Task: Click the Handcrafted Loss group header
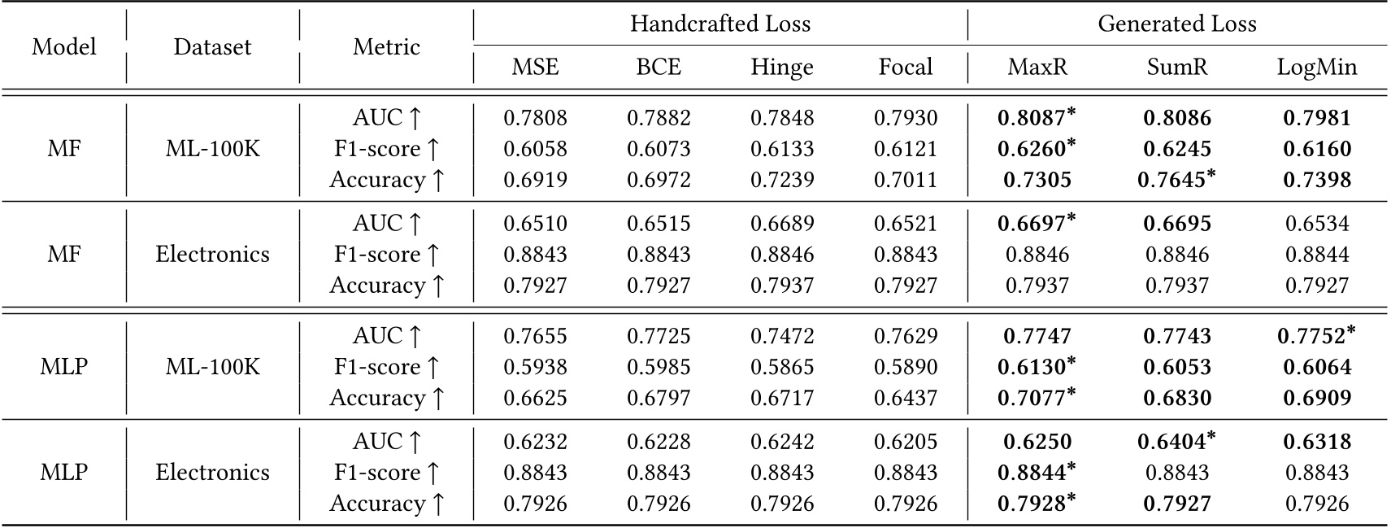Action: pyautogui.click(x=719, y=24)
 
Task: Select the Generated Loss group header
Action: pyautogui.click(x=1176, y=24)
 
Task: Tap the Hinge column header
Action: pyautogui.click(x=781, y=67)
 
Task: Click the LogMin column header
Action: pyautogui.click(x=1316, y=67)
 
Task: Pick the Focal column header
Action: pyautogui.click(x=905, y=67)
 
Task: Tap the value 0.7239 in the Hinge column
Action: pyautogui.click(x=781, y=180)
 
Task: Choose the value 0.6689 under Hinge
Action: pyautogui.click(x=781, y=224)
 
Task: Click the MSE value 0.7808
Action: pyautogui.click(x=535, y=118)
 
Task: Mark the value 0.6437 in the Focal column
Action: pyautogui.click(x=905, y=398)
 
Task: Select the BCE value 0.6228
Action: pyautogui.click(x=658, y=442)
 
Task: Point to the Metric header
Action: pyautogui.click(x=386, y=46)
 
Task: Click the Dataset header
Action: pyautogui.click(x=212, y=46)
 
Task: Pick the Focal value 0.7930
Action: pyautogui.click(x=905, y=118)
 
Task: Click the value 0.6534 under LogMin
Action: pyautogui.click(x=1316, y=224)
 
